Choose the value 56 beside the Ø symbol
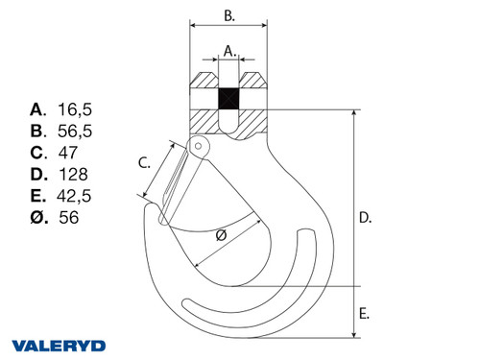pos(68,218)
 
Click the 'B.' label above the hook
pos(229,15)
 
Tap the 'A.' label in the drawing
pos(228,50)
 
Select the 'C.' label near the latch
pos(144,163)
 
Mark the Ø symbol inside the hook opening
pos(221,235)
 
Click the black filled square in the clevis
pos(228,100)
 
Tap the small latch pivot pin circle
pos(199,145)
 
